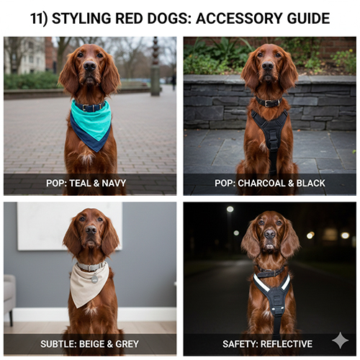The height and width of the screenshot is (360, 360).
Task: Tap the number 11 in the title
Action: coord(37,19)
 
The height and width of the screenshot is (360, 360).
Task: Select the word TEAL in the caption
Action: coord(81,184)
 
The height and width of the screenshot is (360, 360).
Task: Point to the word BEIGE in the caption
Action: coord(93,344)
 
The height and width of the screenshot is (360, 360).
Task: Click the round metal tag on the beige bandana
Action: coord(95,279)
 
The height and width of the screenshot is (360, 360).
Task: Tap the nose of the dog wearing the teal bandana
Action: coord(90,66)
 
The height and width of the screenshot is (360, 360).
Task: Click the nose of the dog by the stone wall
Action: coord(268,66)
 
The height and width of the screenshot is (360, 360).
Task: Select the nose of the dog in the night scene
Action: coord(269,234)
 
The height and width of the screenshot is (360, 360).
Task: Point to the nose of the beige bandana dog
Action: coord(91,230)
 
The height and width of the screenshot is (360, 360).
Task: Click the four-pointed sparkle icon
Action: coord(340,340)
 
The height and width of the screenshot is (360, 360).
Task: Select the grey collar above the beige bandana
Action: coord(91,266)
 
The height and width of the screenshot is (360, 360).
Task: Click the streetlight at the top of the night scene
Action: coord(230,210)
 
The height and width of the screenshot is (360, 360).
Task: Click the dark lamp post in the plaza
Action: coord(156,67)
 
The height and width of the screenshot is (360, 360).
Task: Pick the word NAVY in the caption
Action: coord(114,184)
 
